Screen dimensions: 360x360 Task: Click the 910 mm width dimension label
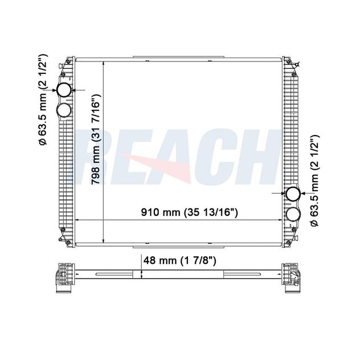tap(190, 212)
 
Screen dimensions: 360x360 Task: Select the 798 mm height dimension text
tap(96, 139)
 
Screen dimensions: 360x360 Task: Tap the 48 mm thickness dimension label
tap(179, 260)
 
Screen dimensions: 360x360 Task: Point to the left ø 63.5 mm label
tap(43, 100)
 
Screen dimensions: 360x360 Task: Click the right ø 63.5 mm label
tap(314, 181)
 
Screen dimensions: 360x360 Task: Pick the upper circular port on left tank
tap(64, 90)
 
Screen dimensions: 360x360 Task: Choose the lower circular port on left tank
tap(64, 111)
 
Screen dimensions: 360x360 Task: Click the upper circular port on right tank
tap(293, 194)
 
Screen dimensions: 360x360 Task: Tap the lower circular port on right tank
tap(293, 214)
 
